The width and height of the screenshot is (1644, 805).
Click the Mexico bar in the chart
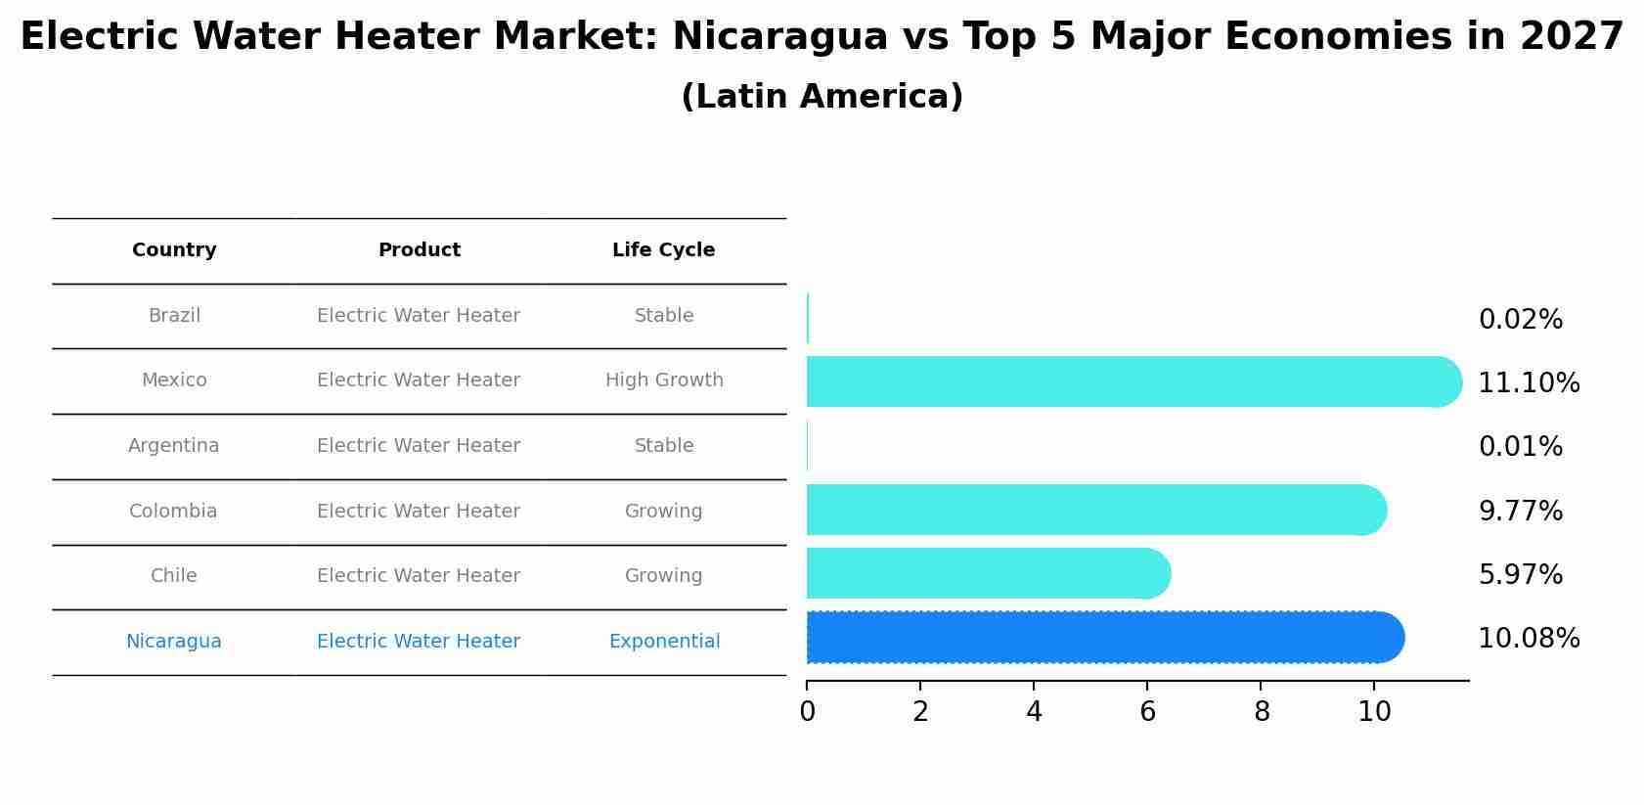tap(1125, 381)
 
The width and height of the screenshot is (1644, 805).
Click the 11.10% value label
tap(1528, 383)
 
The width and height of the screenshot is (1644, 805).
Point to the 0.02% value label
tap(1520, 320)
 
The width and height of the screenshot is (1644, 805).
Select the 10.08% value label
tap(1528, 639)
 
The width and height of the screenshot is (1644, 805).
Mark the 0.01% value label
tap(1520, 447)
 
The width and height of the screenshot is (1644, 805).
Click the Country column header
tap(174, 250)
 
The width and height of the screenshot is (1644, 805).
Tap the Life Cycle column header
tap(663, 250)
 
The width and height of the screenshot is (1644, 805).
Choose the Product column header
tap(419, 250)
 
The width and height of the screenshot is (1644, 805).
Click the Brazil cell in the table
tap(174, 316)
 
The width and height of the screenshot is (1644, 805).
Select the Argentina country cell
tap(174, 446)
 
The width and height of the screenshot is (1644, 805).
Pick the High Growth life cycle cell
tap(664, 380)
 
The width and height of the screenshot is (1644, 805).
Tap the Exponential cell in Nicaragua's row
tap(664, 642)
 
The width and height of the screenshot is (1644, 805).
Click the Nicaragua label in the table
tap(174, 642)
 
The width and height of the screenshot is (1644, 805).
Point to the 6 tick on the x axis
tap(1147, 712)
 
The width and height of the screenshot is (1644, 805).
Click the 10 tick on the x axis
tap(1374, 712)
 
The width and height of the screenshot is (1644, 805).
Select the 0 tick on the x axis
tap(807, 712)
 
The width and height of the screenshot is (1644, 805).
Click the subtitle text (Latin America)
tap(822, 97)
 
